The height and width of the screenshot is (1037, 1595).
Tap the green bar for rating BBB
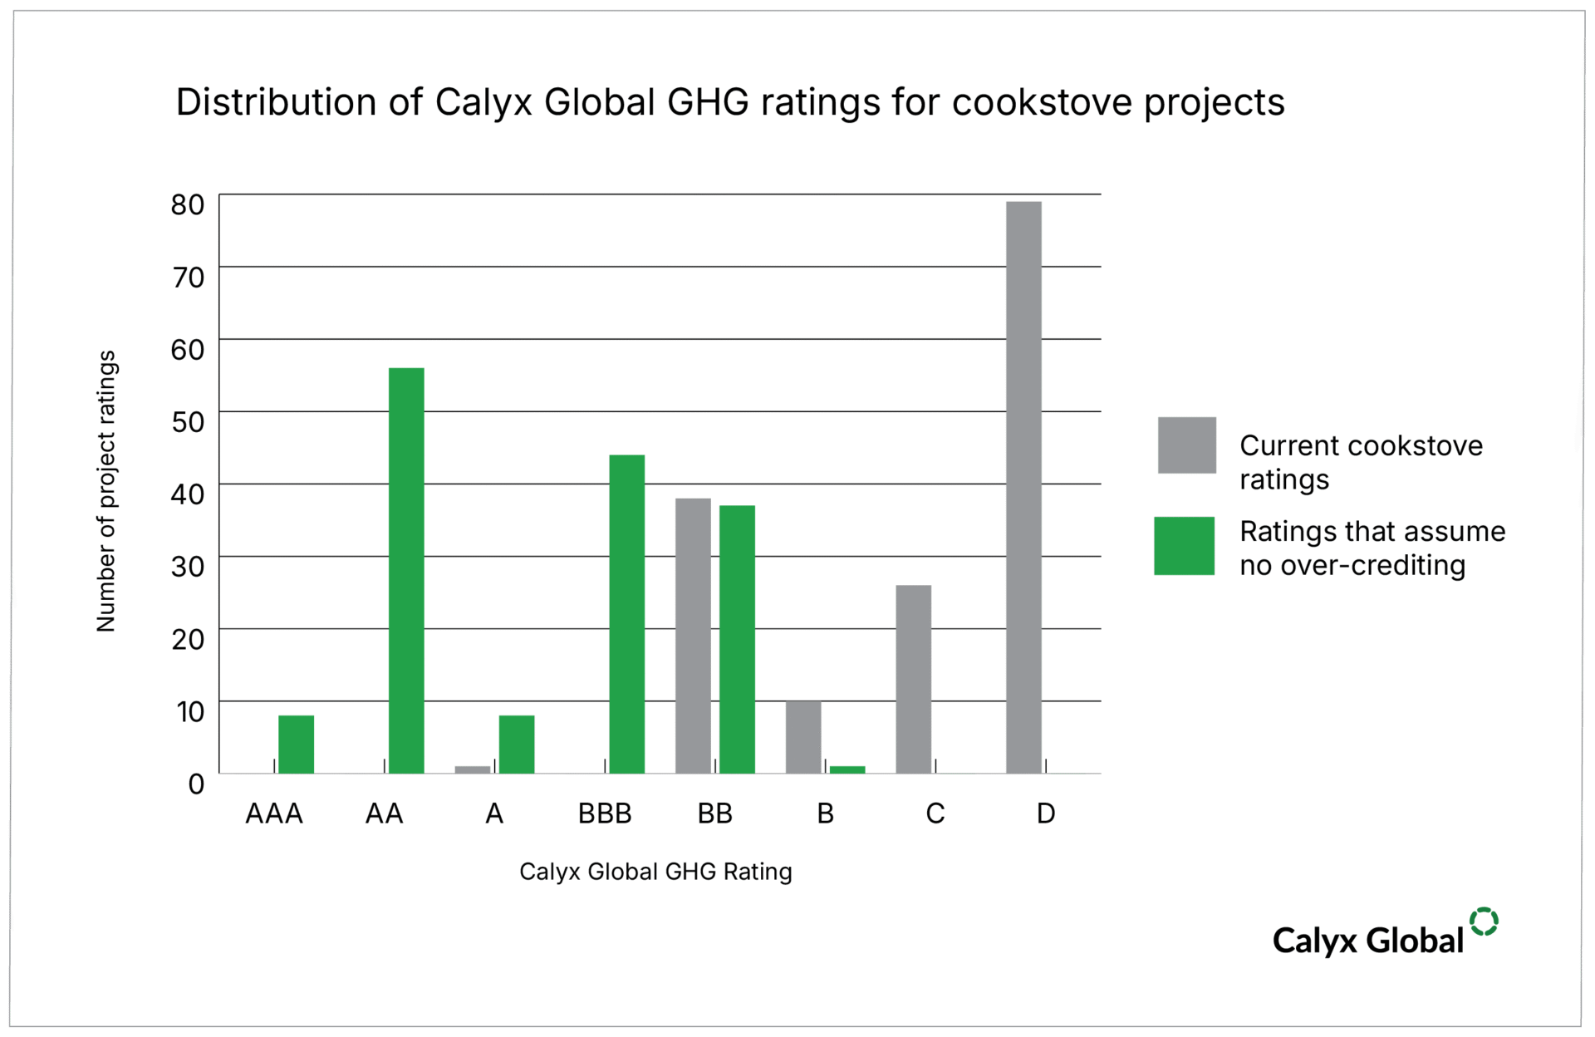tap(626, 614)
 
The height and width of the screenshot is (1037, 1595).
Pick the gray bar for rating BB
tap(693, 636)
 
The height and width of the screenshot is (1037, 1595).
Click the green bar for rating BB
tap(737, 639)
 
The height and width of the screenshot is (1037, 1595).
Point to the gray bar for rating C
tap(913, 679)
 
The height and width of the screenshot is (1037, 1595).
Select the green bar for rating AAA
tap(296, 744)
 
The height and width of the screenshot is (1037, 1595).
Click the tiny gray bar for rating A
tap(472, 769)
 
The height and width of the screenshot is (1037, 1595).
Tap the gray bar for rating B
tap(803, 737)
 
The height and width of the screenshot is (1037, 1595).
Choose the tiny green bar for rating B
tap(847, 769)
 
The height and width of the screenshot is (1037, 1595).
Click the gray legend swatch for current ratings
tap(1186, 445)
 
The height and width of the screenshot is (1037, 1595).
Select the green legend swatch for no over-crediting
tap(1184, 546)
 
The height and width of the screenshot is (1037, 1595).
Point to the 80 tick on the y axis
tap(188, 204)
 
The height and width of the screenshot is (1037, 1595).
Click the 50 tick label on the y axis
tap(188, 422)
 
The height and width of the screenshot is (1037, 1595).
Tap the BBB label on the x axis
tap(605, 813)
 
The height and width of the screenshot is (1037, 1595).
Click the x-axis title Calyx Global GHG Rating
tap(655, 871)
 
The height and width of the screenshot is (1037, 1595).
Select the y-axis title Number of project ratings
tap(106, 490)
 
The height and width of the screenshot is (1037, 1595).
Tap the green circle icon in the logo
tap(1483, 922)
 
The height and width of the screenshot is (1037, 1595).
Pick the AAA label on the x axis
tap(274, 813)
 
